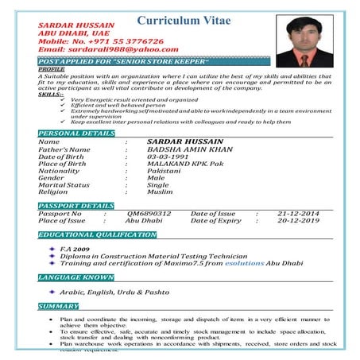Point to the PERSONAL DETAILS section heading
[x=76, y=133]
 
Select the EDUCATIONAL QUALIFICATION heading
[x=97, y=235]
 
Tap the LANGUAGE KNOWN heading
[x=76, y=277]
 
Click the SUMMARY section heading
[x=58, y=306]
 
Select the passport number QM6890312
[x=149, y=214]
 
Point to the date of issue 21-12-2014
[x=298, y=214]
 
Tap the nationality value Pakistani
[x=165, y=171]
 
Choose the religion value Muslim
[x=160, y=192]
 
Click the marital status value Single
[x=158, y=184]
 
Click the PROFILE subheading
[x=52, y=69]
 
